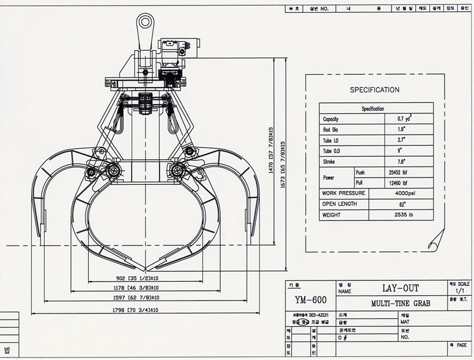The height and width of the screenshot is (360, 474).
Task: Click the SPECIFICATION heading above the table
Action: [374, 89]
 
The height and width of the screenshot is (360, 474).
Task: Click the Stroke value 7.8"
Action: [402, 162]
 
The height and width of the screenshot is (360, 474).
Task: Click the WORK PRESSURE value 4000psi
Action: [402, 193]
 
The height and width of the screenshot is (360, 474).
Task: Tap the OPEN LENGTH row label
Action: [339, 204]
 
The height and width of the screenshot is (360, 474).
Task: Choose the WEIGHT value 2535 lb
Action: [402, 215]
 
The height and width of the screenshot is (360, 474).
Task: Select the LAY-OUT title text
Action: [401, 288]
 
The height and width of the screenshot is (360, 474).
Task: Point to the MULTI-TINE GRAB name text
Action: [400, 303]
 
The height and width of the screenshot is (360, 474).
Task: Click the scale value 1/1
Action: [460, 291]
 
